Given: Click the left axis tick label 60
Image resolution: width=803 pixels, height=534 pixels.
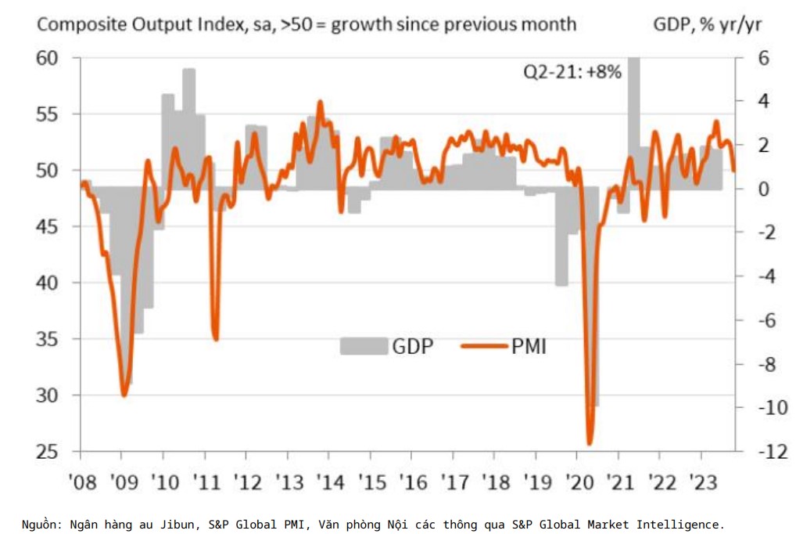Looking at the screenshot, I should click(x=48, y=58).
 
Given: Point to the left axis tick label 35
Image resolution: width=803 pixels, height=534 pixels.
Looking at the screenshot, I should click(x=48, y=339).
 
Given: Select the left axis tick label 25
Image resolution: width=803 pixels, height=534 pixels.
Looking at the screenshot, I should click(x=48, y=452).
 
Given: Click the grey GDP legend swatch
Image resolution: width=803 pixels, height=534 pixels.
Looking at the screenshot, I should click(x=364, y=345).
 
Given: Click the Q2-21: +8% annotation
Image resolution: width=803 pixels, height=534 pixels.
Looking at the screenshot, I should click(x=572, y=72).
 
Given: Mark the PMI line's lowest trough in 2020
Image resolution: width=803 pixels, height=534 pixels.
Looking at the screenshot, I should click(x=590, y=443).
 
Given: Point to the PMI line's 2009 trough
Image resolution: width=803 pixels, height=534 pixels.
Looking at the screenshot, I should click(x=124, y=395).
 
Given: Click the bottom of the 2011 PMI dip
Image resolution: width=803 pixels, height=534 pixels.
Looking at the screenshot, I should click(x=216, y=339).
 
